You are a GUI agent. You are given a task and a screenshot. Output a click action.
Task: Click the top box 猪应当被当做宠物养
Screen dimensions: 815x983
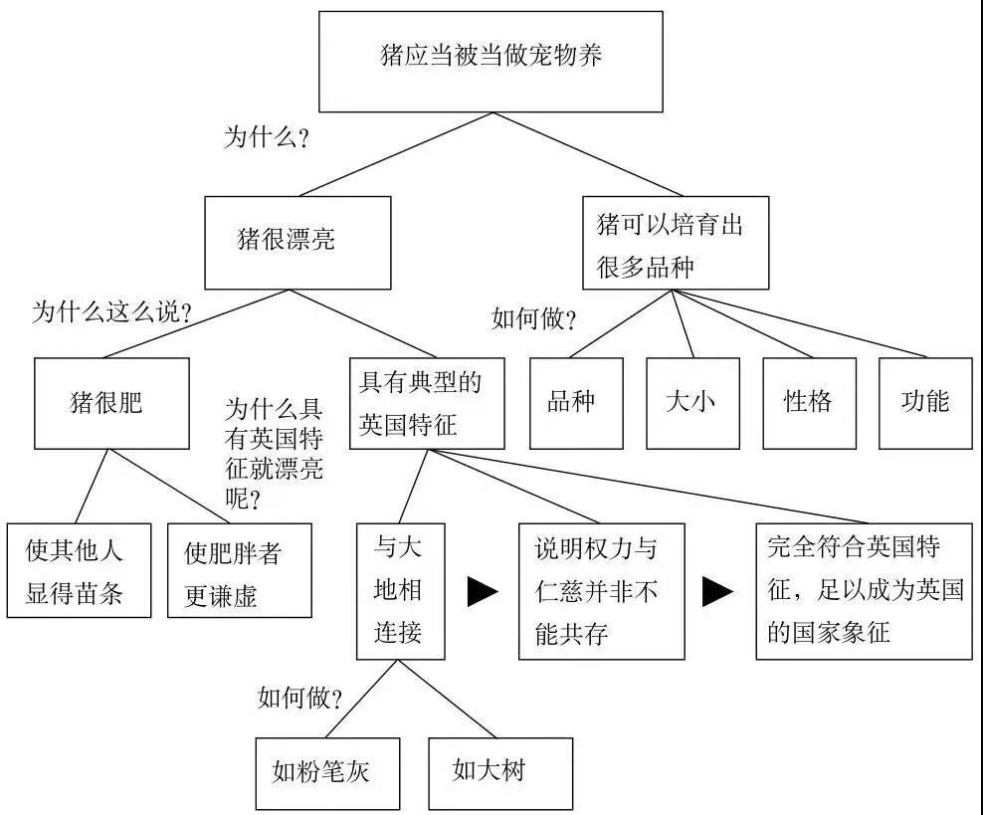(491, 61)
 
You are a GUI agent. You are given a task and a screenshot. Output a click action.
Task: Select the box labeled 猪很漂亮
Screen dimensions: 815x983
(297, 242)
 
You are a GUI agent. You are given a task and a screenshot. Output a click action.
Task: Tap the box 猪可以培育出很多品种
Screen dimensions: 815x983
(676, 242)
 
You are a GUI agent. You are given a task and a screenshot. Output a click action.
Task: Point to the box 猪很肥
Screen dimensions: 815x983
(111, 402)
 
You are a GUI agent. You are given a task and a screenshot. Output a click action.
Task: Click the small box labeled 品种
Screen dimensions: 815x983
(576, 402)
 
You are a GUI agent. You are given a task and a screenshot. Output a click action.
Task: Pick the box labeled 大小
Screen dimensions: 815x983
(692, 402)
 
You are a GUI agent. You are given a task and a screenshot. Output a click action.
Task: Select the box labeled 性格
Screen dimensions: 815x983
(809, 402)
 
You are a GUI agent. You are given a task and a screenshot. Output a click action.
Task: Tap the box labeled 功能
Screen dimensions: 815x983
(925, 402)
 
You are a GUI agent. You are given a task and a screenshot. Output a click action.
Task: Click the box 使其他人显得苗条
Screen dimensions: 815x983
(80, 570)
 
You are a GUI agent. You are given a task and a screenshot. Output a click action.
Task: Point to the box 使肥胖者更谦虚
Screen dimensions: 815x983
(239, 570)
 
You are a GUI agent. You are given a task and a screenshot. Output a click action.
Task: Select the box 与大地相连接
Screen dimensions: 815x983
(400, 591)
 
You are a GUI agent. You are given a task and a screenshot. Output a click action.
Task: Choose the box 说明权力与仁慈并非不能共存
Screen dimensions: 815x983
(601, 591)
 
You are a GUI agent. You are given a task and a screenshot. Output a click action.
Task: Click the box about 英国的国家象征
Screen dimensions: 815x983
(864, 591)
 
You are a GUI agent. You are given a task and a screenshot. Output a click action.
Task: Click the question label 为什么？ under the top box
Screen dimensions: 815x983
(266, 138)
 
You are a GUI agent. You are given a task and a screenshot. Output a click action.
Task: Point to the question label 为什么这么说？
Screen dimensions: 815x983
(111, 312)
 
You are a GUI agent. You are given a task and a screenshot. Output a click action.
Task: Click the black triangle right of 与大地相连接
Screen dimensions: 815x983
(483, 592)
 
